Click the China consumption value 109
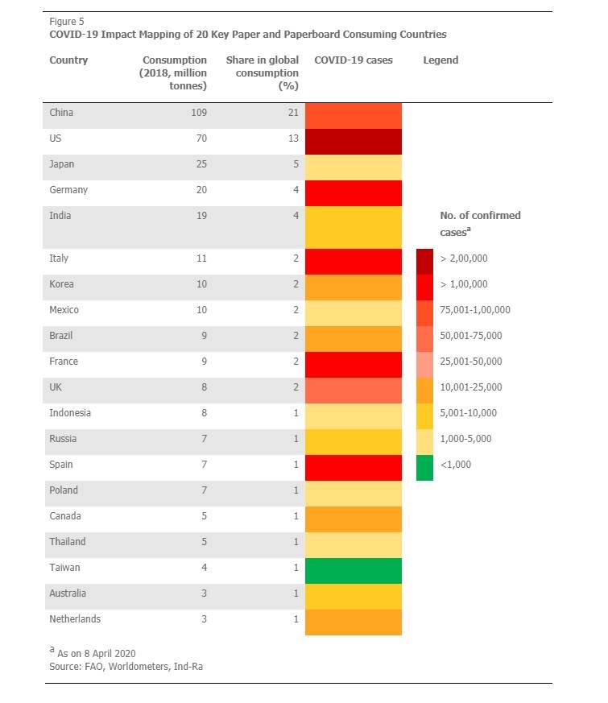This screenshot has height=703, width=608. point(199,113)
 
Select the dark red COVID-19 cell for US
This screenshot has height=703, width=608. point(354,142)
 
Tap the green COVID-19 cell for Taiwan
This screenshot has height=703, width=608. point(354,571)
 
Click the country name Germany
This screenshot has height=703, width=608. point(68,190)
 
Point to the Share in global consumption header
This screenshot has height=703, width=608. point(263,72)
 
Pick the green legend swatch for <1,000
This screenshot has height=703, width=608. point(424,468)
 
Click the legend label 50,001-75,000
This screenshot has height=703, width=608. point(471,335)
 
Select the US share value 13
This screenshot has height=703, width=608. point(293,138)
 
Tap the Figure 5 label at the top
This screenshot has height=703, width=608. point(66,22)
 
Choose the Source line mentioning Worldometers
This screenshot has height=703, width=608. point(126,667)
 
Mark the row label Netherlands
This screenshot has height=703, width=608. point(75,619)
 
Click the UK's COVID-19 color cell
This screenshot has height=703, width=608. point(354,391)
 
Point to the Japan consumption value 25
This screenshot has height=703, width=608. point(201,164)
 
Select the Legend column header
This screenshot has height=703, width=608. point(440,60)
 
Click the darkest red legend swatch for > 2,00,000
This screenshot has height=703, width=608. point(424,262)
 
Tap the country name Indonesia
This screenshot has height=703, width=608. point(70,413)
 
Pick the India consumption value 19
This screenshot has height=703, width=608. point(201,216)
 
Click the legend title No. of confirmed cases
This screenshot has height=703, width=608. point(480,223)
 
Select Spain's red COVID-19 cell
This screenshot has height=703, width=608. point(354,468)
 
